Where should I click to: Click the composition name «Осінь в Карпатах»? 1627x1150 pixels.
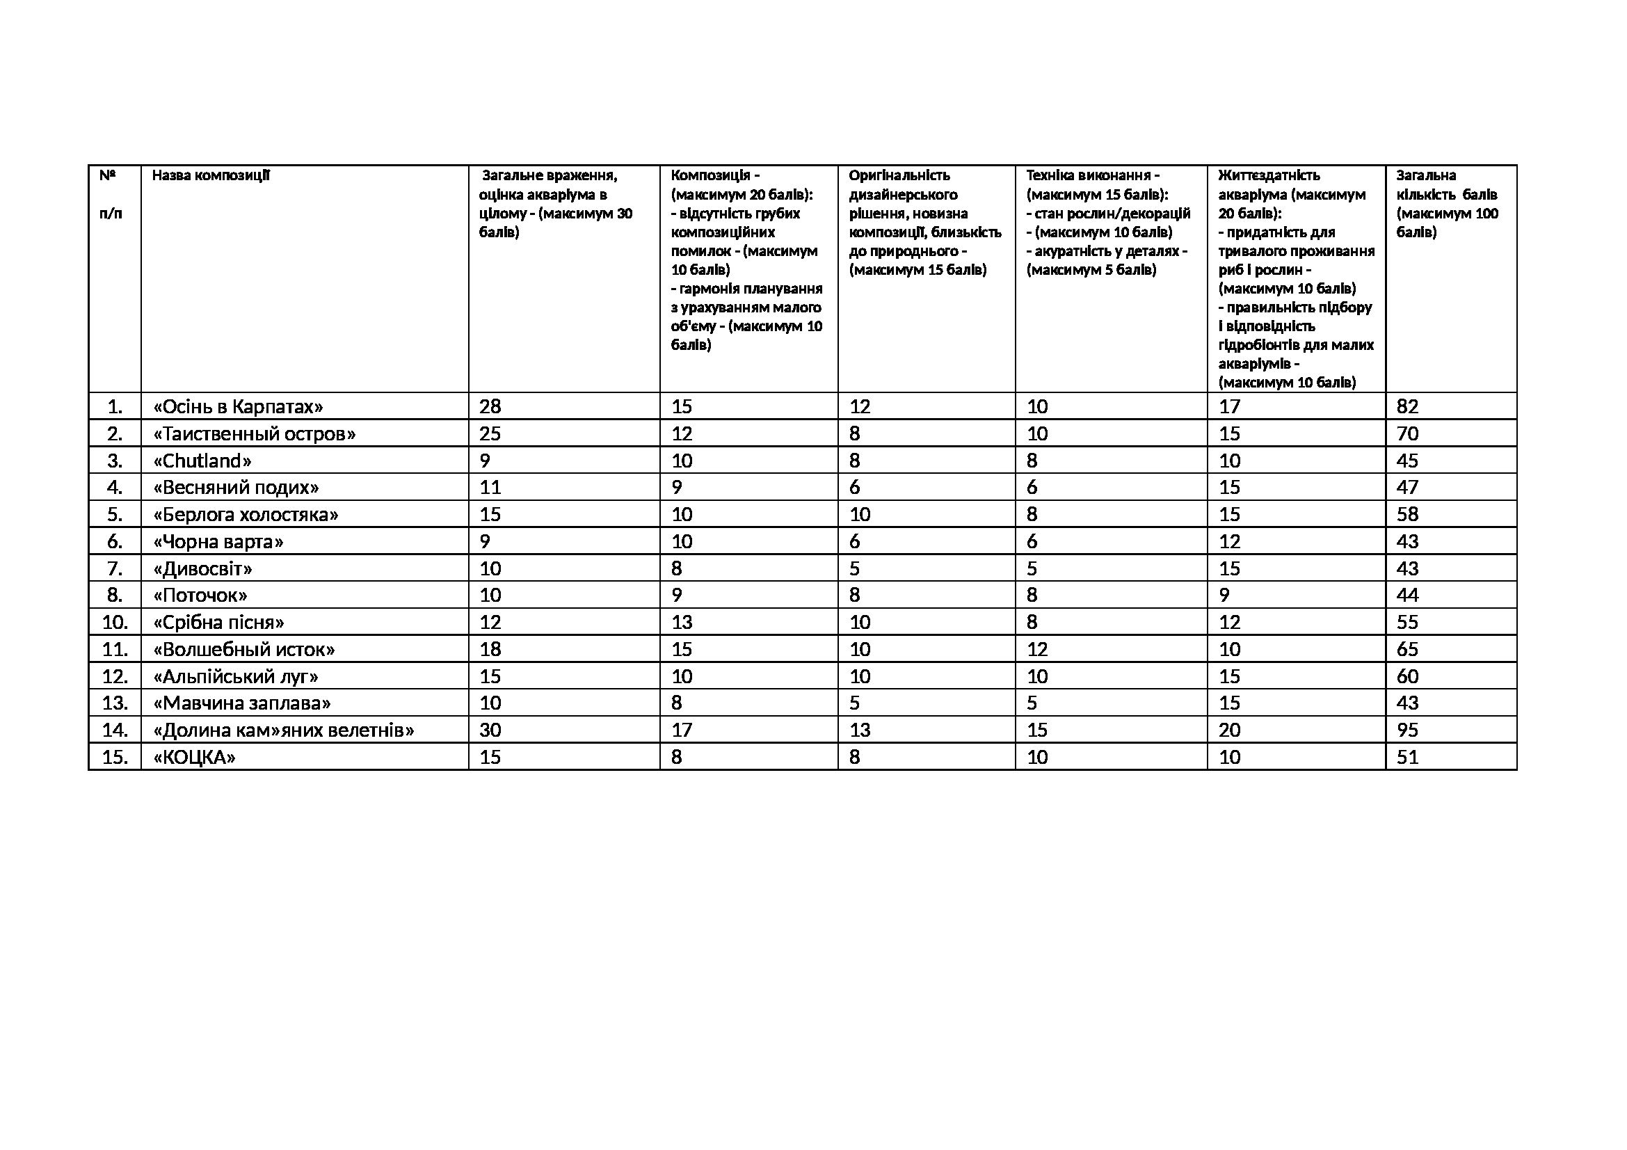click(238, 407)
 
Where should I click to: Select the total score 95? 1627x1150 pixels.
click(1407, 730)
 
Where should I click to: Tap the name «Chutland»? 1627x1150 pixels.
click(202, 461)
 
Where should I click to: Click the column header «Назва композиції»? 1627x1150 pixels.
click(211, 175)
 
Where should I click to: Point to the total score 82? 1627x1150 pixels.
click(1407, 407)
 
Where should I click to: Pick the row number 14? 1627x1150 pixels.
click(115, 730)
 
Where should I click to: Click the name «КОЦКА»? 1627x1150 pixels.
click(194, 758)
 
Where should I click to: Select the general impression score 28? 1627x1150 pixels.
click(490, 407)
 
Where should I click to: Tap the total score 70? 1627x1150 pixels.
click(1407, 433)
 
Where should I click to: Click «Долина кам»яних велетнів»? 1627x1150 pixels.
click(283, 730)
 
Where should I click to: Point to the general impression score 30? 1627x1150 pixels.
click(490, 730)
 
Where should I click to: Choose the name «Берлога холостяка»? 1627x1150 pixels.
click(246, 514)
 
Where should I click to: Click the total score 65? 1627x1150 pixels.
click(1407, 650)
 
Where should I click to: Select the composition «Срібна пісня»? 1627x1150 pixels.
click(219, 623)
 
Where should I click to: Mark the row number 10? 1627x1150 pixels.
click(115, 623)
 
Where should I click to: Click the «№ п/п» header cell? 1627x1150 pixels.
click(111, 194)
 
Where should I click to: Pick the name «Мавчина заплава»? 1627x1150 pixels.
click(242, 703)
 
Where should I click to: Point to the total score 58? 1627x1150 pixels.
click(1407, 514)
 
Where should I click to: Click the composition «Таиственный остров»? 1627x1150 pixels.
click(255, 433)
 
